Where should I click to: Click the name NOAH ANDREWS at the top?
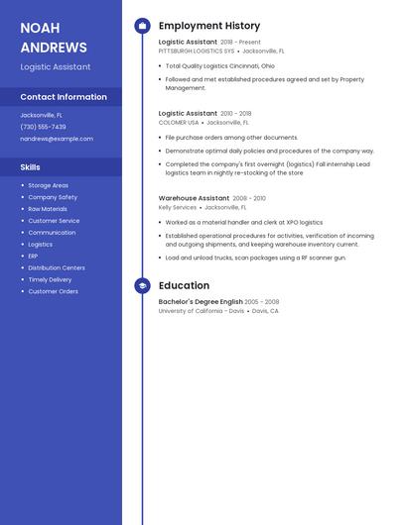coord(54,38)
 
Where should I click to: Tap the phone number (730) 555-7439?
coord(44,127)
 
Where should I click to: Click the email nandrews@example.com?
coord(57,139)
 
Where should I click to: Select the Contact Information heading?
coord(64,97)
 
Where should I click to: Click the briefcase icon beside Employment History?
coord(142,26)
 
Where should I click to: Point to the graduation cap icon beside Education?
coord(142,285)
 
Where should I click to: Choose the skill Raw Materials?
coord(48,209)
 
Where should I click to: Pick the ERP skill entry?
coord(34,256)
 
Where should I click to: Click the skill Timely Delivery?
coord(50,279)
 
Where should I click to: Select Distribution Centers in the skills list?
coord(57,267)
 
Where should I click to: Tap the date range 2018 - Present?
coord(241,43)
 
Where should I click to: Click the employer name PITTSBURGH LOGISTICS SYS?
coord(197,51)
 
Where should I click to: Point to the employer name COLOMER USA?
coord(179,122)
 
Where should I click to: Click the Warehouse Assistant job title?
coord(194,198)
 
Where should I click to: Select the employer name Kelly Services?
coord(178,207)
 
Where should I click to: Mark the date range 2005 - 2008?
coord(262,302)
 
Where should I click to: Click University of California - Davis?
coord(202,311)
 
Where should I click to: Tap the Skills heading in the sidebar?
coord(31,167)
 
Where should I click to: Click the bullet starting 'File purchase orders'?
coord(231,138)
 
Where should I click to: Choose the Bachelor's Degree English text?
coord(201,302)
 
